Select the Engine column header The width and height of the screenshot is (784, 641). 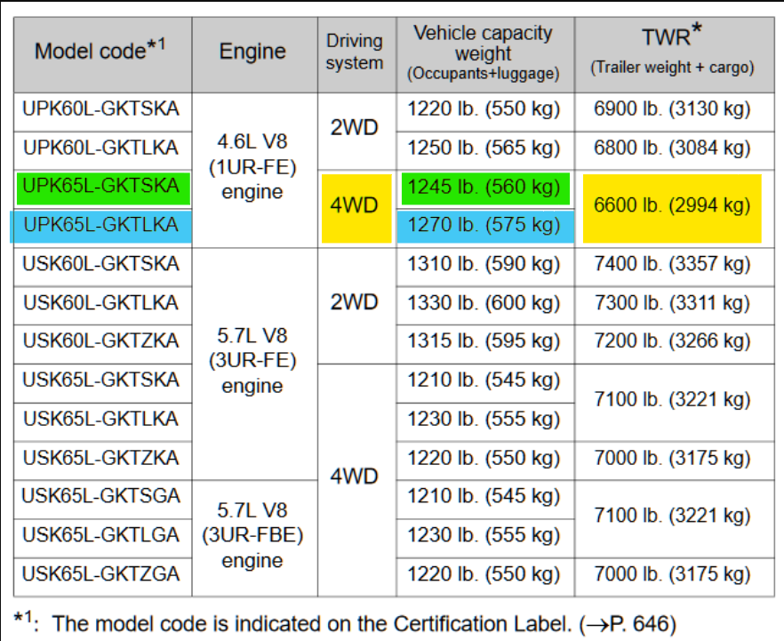click(x=253, y=51)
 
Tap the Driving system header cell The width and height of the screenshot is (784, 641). click(x=355, y=52)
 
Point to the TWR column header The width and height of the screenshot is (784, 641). click(x=671, y=50)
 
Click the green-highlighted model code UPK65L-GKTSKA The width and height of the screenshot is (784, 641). click(x=101, y=186)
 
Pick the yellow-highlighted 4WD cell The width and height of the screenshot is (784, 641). click(x=355, y=205)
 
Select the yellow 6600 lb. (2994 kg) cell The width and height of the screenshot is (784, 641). click(x=672, y=205)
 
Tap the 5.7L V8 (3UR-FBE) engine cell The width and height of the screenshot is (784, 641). click(x=253, y=536)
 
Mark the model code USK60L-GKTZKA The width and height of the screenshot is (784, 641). click(x=101, y=341)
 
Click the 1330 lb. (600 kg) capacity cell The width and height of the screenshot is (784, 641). click(x=484, y=302)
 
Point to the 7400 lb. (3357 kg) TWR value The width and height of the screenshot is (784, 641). click(x=672, y=264)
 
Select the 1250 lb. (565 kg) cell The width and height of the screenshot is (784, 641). click(x=484, y=148)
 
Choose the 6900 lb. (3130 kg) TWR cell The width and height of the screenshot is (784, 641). click(x=672, y=109)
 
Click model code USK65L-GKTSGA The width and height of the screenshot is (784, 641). click(x=101, y=496)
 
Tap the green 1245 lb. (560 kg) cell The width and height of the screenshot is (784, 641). click(x=484, y=187)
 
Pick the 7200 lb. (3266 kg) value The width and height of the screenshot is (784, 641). click(x=672, y=341)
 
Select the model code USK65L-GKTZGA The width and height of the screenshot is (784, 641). click(x=101, y=573)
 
